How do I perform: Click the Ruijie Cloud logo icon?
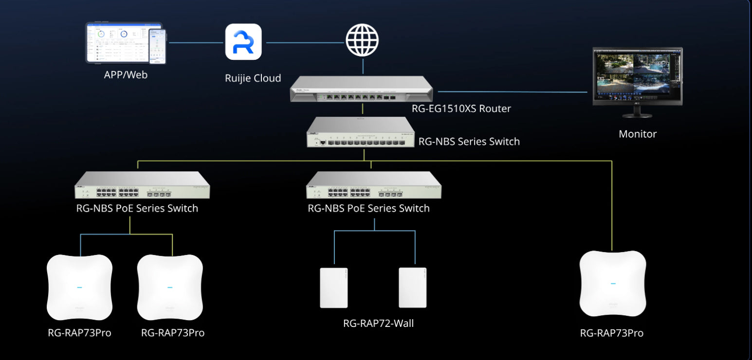point(243,42)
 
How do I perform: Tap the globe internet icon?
point(362,40)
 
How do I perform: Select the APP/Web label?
point(126,75)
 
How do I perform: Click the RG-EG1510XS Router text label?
point(461,108)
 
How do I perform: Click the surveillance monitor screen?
point(637,76)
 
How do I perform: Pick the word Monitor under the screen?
point(637,134)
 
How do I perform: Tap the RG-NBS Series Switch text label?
point(469,142)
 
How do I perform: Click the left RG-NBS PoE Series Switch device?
point(142,185)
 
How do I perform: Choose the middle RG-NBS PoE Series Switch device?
point(373,185)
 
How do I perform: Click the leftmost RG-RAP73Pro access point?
point(79,287)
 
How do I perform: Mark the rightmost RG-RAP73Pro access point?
point(612,284)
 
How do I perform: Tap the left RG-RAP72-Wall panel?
point(334,288)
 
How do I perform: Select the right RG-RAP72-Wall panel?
point(412,288)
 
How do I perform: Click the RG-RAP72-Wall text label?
point(378,323)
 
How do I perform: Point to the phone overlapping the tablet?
point(158,47)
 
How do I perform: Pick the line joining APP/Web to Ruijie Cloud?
point(196,42)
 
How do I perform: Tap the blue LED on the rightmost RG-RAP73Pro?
point(612,284)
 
